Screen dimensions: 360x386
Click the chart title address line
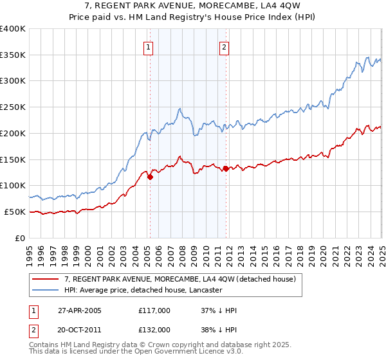click(193, 6)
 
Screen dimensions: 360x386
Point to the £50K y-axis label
click(15, 212)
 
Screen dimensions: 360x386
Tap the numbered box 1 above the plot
click(149, 46)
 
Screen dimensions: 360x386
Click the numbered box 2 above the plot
click(225, 46)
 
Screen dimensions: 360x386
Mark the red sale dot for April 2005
click(150, 177)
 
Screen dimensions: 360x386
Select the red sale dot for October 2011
click(226, 169)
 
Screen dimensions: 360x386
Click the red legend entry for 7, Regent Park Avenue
click(179, 279)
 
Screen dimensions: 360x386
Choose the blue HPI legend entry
click(143, 291)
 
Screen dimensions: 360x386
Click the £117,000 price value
click(154, 311)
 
